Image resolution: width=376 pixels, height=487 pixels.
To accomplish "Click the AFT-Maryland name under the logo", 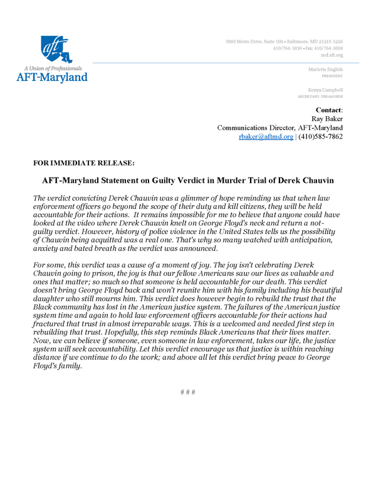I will pos(51,77).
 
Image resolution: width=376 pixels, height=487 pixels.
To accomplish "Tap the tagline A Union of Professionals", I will pos(52,67).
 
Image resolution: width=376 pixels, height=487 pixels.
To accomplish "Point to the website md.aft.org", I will pos(332,55).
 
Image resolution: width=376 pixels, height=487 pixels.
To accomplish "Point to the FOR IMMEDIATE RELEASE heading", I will pos(84,163).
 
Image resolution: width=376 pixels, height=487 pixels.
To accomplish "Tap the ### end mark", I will pos(188,393).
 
